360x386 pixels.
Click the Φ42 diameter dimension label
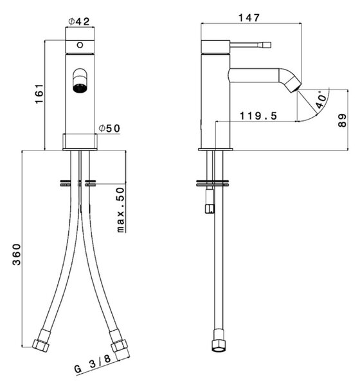[78, 21]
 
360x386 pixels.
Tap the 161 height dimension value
[39, 94]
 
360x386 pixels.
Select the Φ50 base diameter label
[109, 128]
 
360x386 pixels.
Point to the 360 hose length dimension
[17, 254]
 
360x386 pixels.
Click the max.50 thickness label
[121, 210]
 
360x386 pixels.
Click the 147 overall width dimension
[249, 18]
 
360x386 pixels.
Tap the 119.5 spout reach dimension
[258, 116]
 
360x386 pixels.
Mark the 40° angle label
[321, 100]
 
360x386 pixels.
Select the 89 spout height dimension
[342, 120]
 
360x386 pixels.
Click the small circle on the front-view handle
[80, 45]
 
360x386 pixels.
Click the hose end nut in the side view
[219, 341]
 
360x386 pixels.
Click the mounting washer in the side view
[213, 183]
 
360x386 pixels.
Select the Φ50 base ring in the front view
[80, 142]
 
